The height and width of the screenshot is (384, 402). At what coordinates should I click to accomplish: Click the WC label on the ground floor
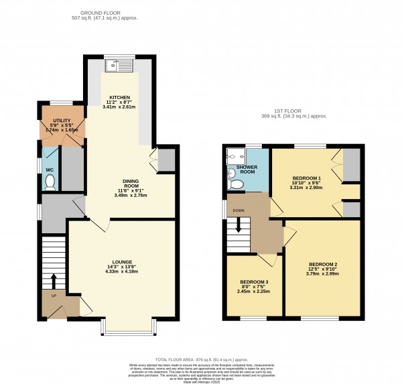(x=50, y=170)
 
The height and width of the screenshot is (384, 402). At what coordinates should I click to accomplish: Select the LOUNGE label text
(x=122, y=261)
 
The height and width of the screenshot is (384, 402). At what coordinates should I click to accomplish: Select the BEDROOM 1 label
(x=308, y=180)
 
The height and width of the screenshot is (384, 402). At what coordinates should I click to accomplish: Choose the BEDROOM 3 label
(x=255, y=281)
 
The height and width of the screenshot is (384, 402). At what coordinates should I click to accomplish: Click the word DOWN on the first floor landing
(x=239, y=210)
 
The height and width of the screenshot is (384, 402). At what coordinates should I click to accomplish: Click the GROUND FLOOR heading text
(x=108, y=13)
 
